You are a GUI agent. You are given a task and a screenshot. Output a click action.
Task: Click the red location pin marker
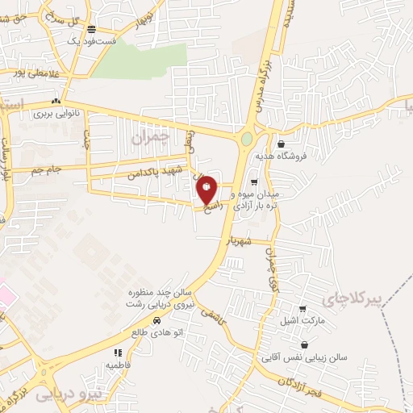pyautogui.click(x=207, y=189)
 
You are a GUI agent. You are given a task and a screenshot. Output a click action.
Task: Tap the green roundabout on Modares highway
pyautogui.click(x=246, y=139)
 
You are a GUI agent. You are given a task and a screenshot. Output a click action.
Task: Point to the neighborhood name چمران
pyautogui.click(x=151, y=138)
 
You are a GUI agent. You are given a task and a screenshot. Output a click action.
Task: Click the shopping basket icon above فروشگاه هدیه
pyautogui.click(x=280, y=144)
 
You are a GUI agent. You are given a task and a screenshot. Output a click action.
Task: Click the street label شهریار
pyautogui.click(x=240, y=241)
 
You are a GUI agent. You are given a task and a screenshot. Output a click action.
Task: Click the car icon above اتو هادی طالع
pyautogui.click(x=167, y=319)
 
